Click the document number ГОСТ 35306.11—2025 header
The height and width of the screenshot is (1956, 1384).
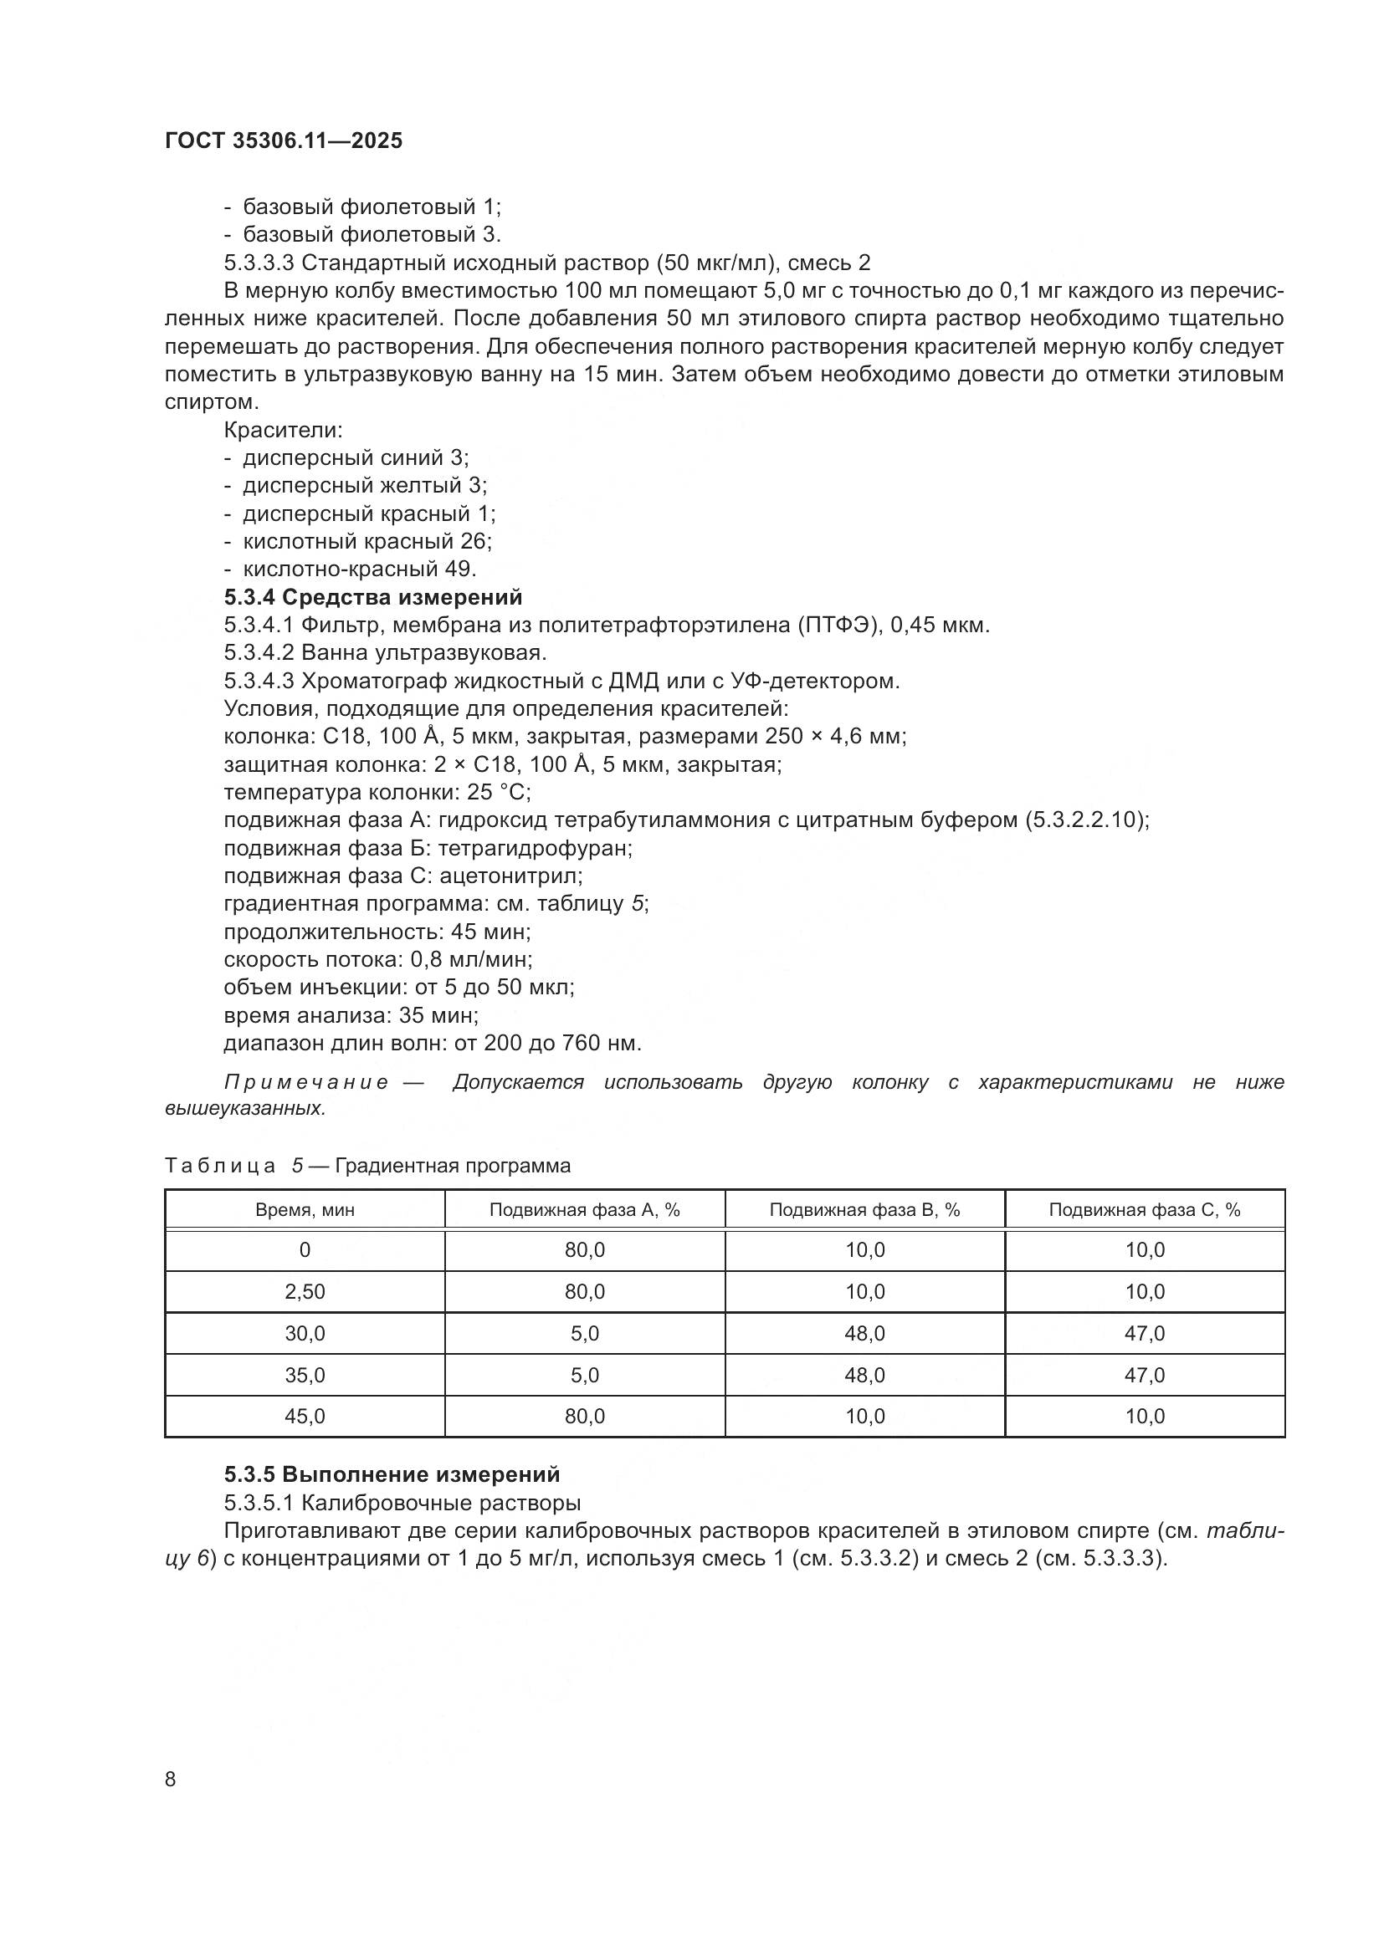tap(283, 140)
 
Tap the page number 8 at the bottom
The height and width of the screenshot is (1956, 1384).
tap(171, 1779)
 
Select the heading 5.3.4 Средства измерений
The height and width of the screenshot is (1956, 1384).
tap(372, 596)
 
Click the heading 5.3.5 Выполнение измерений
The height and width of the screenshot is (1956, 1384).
tap(392, 1473)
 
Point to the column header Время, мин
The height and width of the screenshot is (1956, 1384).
tap(305, 1210)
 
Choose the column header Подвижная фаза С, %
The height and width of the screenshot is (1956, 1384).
tap(1144, 1210)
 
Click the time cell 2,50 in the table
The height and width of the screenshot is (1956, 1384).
tap(305, 1291)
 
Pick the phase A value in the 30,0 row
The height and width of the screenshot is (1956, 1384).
tap(585, 1333)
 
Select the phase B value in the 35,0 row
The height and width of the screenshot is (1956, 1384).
tap(864, 1375)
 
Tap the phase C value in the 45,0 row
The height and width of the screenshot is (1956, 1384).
tap(1144, 1416)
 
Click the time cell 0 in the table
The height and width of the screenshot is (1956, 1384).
tap(305, 1249)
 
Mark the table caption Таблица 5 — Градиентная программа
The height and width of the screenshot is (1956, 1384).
tap(367, 1166)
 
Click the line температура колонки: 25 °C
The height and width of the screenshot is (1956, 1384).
tap(377, 792)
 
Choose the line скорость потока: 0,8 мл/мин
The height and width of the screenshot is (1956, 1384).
tap(377, 959)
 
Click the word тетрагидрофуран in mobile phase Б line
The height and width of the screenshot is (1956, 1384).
tap(535, 848)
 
